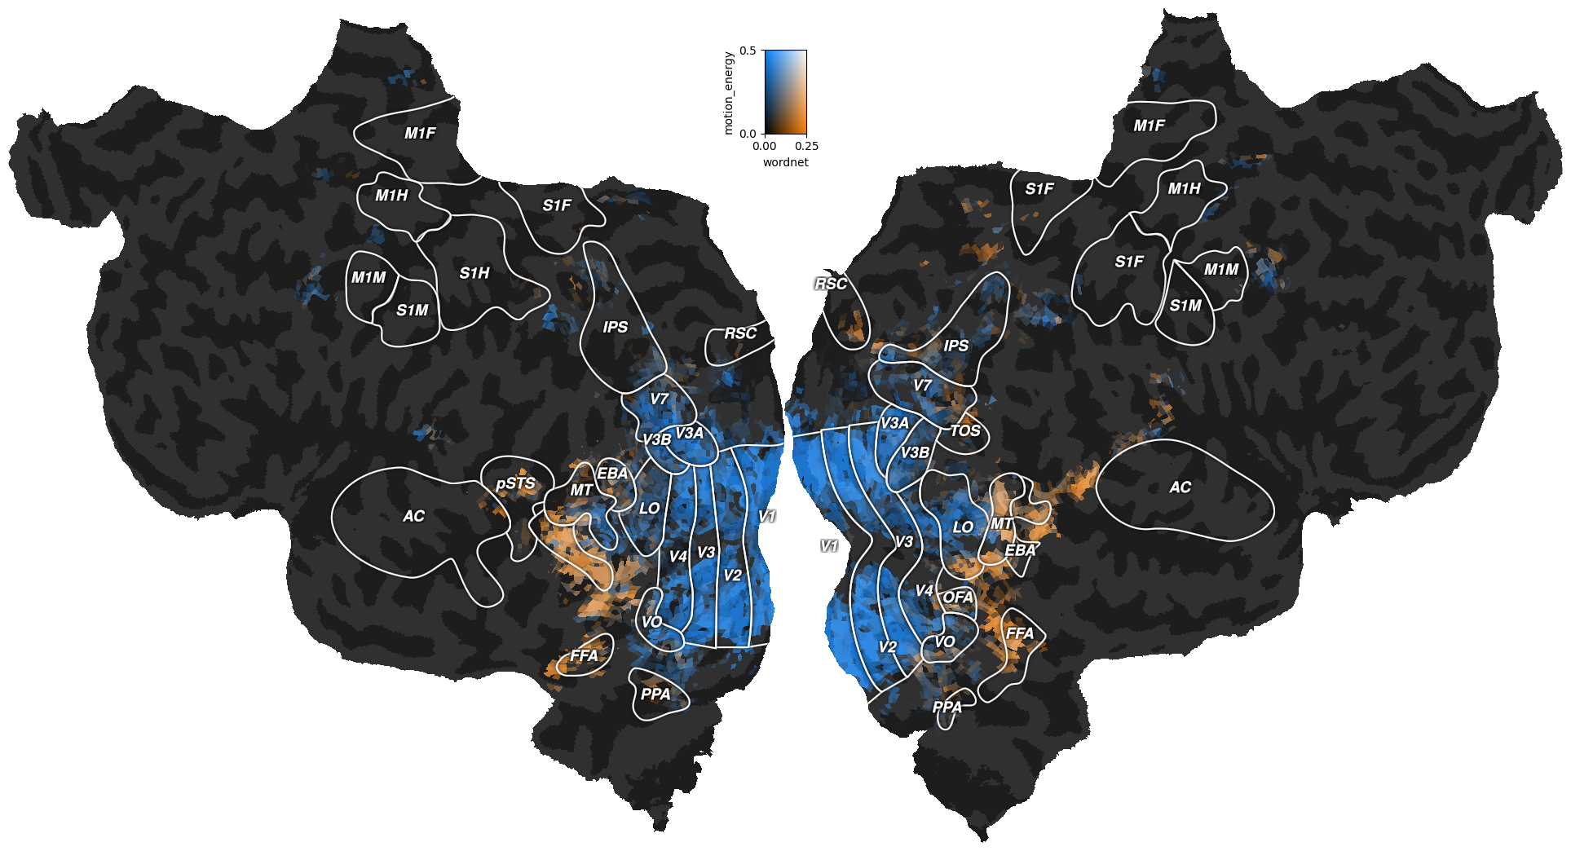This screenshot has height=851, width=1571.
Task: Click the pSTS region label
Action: (515, 483)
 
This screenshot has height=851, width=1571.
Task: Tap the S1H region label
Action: (474, 273)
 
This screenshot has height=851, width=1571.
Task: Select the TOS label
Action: (965, 430)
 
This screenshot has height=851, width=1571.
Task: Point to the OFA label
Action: (958, 597)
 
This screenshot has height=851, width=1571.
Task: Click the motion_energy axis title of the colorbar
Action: (729, 93)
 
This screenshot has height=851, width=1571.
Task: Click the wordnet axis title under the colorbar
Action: (785, 162)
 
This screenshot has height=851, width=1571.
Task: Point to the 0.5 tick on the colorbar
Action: (748, 51)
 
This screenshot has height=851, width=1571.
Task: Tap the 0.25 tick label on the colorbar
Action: (806, 147)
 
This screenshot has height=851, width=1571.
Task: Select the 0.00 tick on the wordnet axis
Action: (765, 147)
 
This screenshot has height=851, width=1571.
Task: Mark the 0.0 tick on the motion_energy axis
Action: (748, 134)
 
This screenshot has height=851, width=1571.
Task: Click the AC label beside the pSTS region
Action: (413, 516)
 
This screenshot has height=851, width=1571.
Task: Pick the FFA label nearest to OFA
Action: (1020, 633)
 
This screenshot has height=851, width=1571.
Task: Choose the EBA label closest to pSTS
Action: (612, 474)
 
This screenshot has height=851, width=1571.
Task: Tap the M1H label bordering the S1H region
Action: (391, 196)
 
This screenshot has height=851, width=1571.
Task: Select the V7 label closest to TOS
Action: (922, 386)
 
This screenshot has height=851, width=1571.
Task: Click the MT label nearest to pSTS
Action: (581, 490)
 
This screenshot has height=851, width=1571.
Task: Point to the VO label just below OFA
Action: (944, 642)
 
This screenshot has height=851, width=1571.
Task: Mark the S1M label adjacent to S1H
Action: (413, 311)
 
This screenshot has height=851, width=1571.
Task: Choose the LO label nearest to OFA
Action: (963, 527)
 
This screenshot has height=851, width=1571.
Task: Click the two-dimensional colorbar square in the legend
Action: (785, 92)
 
